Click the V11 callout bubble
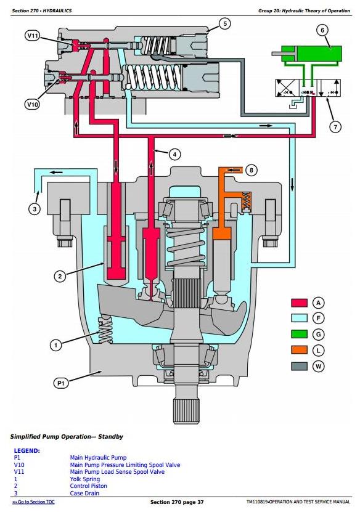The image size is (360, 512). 33,35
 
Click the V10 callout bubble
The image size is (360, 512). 32,105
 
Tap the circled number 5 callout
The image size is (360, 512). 225,23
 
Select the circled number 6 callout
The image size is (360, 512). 322,30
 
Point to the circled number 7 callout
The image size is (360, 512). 335,127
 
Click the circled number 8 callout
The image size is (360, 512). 252,170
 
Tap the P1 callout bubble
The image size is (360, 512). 61,383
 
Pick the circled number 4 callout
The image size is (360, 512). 175,154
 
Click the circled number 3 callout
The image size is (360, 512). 35,209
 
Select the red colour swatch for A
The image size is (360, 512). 299,303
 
